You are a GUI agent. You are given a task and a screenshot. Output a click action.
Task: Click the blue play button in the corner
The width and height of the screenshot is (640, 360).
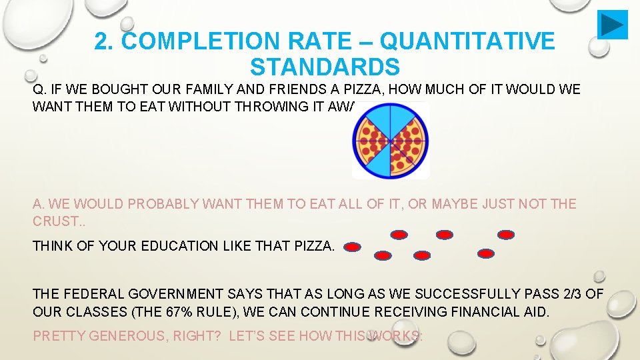612,25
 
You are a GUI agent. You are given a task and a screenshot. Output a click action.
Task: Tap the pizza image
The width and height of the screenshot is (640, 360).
391,140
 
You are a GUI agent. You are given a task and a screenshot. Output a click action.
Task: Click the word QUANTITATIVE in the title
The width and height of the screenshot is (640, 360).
467,42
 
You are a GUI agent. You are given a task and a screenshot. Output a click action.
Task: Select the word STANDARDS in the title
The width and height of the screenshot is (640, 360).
325,67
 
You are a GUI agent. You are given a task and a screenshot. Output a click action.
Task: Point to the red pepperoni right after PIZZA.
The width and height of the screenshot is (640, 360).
353,247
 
